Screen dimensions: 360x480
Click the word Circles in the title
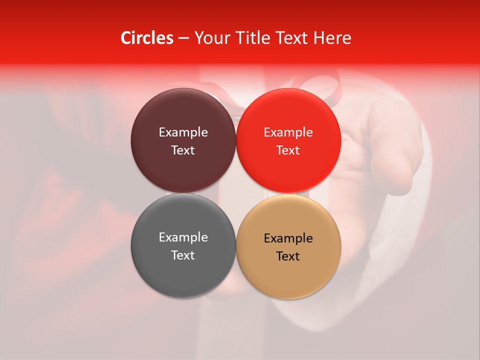(147, 38)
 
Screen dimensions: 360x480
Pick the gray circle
(183, 272)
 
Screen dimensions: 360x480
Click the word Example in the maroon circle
(183, 132)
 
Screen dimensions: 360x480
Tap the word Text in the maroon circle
(183, 150)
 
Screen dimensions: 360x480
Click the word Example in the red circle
(288, 132)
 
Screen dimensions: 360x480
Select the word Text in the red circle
(288, 150)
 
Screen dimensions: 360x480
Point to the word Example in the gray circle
(183, 237)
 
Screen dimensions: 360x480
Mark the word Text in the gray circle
(183, 255)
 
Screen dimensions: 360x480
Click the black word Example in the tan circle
(288, 238)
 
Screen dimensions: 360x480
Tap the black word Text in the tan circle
(288, 256)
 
